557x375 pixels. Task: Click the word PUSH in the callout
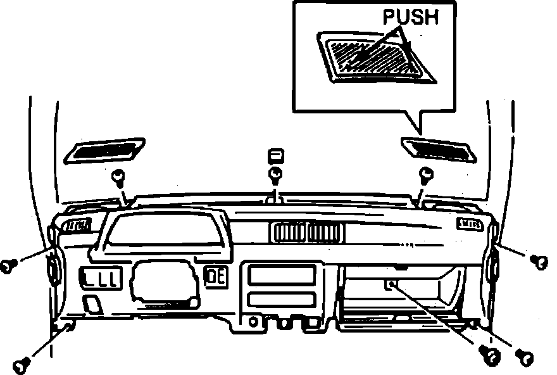[410, 17]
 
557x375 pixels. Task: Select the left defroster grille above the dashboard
[105, 150]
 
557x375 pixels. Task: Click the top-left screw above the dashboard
[118, 175]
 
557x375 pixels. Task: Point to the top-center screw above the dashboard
[275, 174]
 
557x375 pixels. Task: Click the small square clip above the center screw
[275, 156]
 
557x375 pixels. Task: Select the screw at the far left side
[8, 265]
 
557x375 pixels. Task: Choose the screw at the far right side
[540, 260]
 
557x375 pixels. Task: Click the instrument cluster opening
[163, 231]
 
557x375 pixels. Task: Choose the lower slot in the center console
[282, 300]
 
